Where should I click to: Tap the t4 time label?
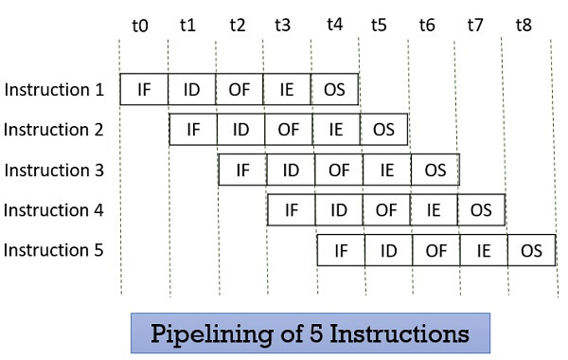[333, 26]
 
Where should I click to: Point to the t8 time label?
[524, 26]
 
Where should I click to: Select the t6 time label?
[428, 26]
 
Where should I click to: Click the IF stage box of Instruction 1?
[144, 89]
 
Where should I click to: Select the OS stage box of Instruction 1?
[334, 89]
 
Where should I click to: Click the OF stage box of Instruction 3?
[338, 171]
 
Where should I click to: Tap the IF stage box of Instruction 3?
[242, 171]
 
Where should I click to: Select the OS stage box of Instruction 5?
[531, 251]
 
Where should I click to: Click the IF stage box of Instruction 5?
[341, 251]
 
